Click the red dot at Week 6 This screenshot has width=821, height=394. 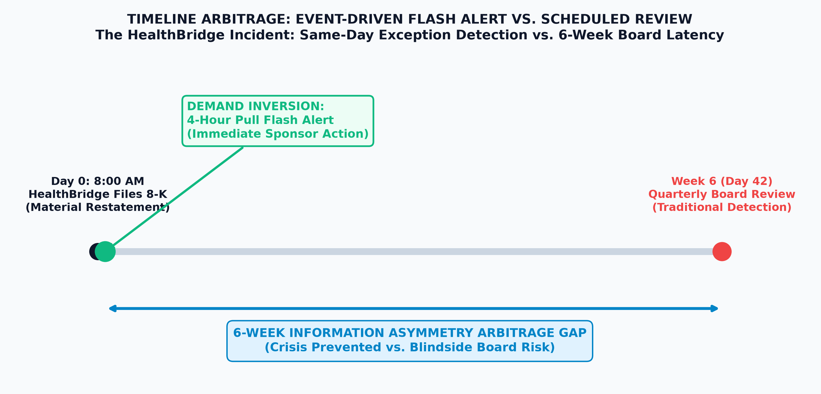(722, 251)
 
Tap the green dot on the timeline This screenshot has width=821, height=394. (105, 251)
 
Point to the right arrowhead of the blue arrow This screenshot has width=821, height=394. (715, 309)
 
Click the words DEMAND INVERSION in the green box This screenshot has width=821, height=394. (255, 106)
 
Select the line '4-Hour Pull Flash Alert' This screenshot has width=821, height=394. (260, 120)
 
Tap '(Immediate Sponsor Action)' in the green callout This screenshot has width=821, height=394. (277, 134)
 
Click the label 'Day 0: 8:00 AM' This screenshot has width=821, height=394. (97, 181)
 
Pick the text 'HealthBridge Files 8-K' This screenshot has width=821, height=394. (97, 194)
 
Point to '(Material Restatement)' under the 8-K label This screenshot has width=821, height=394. (97, 207)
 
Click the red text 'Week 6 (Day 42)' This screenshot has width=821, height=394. (722, 181)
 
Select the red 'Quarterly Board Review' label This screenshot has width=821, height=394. (722, 194)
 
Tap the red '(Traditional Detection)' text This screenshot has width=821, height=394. (722, 207)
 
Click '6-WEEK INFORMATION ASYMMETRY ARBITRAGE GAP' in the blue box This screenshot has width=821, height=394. (410, 333)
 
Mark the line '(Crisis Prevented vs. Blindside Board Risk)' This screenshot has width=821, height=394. (410, 347)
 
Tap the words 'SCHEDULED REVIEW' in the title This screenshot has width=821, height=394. (616, 19)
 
